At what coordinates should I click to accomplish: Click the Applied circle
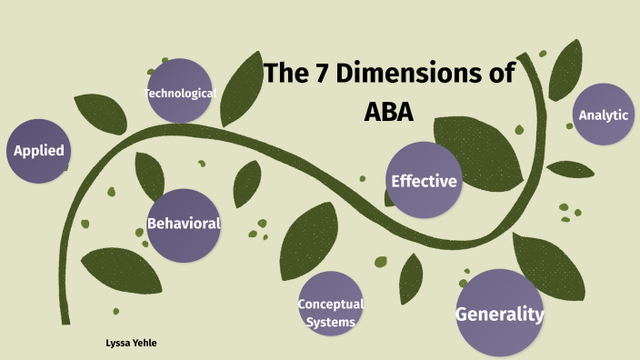tap(38, 151)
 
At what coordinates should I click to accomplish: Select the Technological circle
tap(180, 91)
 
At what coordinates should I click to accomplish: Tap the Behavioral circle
tap(184, 225)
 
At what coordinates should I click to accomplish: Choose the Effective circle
tap(423, 180)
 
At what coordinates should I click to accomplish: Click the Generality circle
tap(499, 313)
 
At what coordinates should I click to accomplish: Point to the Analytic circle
tap(604, 114)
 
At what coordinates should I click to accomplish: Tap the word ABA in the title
tap(387, 113)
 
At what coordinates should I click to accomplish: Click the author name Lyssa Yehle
tap(133, 342)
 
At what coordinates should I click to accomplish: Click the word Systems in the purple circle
tap(331, 320)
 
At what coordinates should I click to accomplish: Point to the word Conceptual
tap(331, 304)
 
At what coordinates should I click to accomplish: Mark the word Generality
tap(499, 315)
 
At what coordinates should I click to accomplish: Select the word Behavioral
tap(184, 223)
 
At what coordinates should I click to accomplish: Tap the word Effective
tap(424, 181)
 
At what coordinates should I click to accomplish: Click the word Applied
tap(38, 151)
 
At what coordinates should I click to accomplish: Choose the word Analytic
tap(604, 115)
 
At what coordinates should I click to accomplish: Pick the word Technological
tap(180, 94)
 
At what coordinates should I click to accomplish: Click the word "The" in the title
tap(285, 75)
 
